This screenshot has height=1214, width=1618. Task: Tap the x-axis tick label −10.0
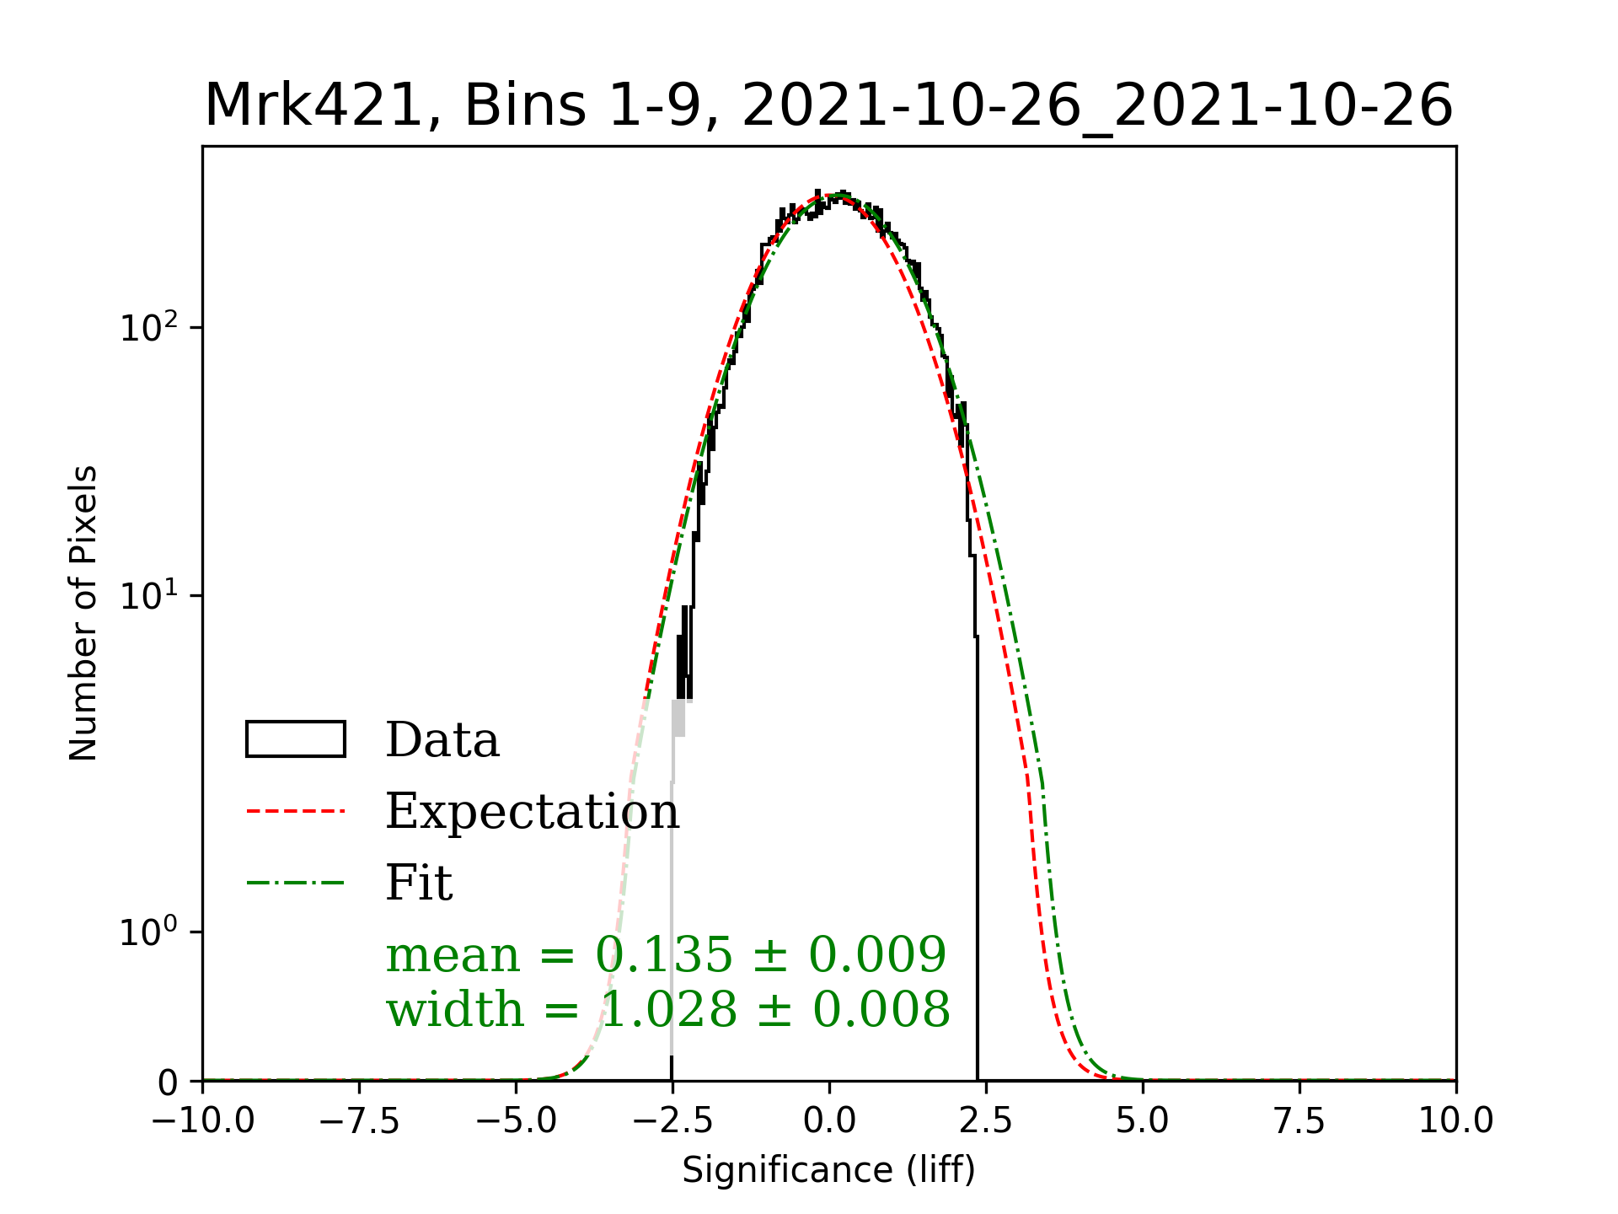[x=203, y=1120]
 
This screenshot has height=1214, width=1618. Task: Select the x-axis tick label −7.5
[x=360, y=1120]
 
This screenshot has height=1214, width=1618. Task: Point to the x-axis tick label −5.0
[x=517, y=1120]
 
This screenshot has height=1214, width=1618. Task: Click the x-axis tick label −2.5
[x=672, y=1120]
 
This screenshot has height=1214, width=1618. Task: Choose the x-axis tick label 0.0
[x=829, y=1120]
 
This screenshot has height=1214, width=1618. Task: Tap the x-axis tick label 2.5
[x=986, y=1120]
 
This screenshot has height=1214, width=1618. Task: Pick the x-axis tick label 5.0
[x=1143, y=1120]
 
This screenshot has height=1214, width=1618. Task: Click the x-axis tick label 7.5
[x=1299, y=1120]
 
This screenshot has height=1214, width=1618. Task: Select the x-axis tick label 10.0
[x=1455, y=1120]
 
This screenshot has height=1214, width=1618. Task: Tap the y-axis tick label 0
[x=168, y=1082]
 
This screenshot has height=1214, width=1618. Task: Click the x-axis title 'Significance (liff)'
[x=828, y=1170]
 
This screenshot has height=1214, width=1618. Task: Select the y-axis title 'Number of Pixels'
[x=83, y=613]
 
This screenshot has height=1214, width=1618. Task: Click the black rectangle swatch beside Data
[x=295, y=739]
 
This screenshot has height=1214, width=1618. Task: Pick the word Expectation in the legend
[x=532, y=811]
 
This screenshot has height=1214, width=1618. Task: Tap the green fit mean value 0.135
[x=664, y=954]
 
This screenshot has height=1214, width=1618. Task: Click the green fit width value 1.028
[x=668, y=1009]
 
